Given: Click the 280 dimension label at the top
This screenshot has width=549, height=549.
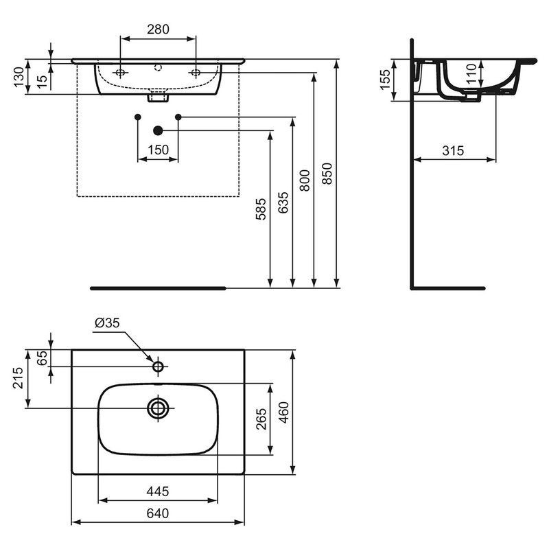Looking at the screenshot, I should [x=158, y=30].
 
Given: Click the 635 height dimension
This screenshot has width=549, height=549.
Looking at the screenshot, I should [x=283, y=202].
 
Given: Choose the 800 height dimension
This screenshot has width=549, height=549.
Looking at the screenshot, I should [x=305, y=180].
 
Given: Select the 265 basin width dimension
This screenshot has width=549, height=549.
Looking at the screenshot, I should [x=261, y=419].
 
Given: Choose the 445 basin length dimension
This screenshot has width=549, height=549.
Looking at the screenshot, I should [x=158, y=491].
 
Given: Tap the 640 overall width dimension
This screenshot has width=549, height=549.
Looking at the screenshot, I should [x=158, y=513].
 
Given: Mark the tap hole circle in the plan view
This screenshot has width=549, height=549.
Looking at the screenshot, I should [x=158, y=366].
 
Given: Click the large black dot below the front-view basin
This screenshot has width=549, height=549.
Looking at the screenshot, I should [x=159, y=130].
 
